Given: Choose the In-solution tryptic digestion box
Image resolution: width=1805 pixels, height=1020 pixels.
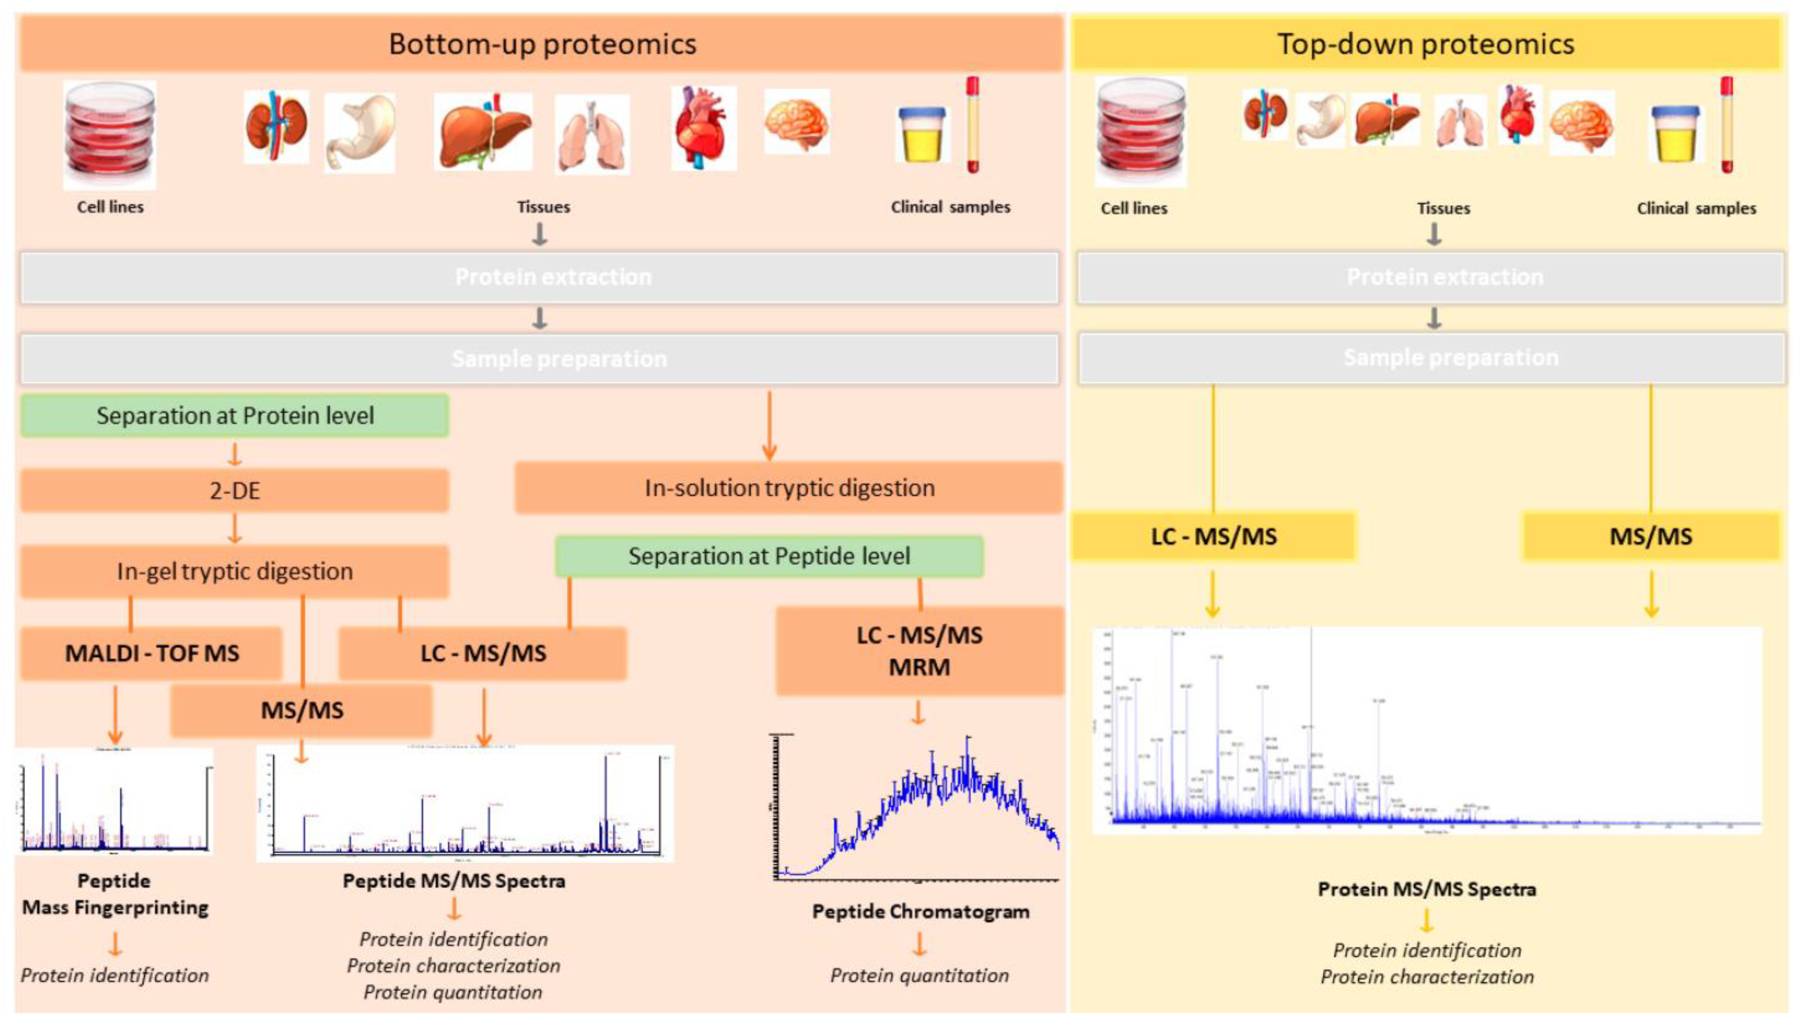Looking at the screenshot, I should (789, 488).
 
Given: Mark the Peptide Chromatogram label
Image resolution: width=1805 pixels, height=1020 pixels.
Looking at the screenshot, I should (920, 911).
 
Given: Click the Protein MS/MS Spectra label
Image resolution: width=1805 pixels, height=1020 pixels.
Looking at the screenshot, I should (1427, 889).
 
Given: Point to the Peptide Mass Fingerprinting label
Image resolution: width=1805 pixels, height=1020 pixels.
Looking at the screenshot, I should (115, 894).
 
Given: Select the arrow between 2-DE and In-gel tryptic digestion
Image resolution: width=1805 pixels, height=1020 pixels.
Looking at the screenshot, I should (235, 529).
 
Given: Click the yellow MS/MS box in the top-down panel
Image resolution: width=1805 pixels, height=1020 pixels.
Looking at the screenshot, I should (1650, 536).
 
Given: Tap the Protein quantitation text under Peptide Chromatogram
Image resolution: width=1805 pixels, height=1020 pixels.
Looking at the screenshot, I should (919, 975).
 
